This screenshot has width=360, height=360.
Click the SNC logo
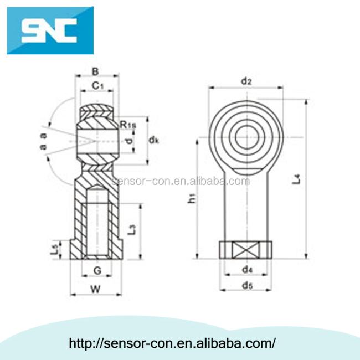tap(50, 30)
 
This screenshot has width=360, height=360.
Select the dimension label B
tap(95, 71)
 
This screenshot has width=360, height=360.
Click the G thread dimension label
tap(96, 270)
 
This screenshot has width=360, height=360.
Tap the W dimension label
tap(95, 289)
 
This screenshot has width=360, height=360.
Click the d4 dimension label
tap(247, 270)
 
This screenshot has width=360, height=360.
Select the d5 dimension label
tap(247, 286)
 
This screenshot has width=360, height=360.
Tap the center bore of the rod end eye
tap(245, 136)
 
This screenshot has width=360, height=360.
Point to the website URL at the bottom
tap(172, 343)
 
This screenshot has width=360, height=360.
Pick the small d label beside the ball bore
tap(129, 141)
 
